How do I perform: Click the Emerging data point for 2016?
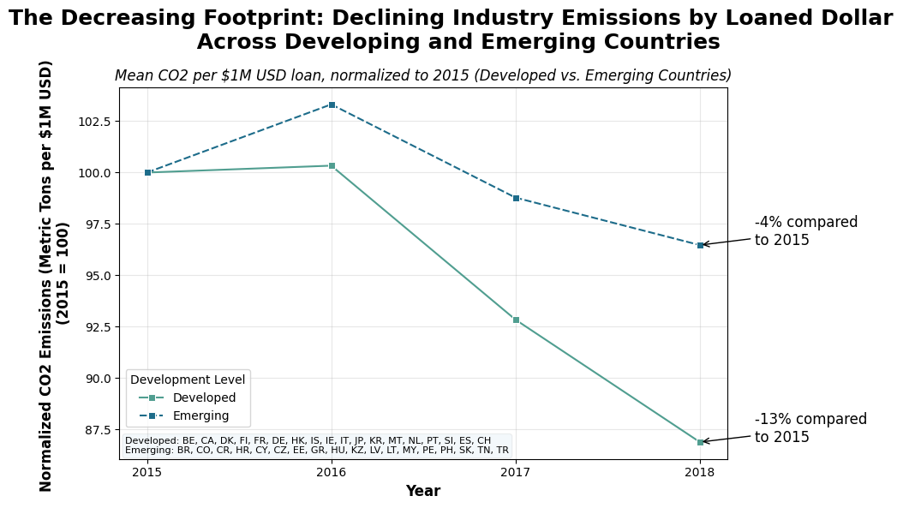pos(332,105)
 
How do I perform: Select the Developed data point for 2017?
pos(516,320)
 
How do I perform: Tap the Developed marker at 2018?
pos(700,442)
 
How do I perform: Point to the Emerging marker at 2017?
pos(516,198)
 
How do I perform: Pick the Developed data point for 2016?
pos(332,165)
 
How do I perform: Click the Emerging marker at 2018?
pos(700,245)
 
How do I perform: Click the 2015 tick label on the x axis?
pos(147,472)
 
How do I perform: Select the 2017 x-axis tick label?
pos(516,472)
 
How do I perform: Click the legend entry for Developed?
pos(204,397)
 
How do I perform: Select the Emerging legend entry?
pos(200,415)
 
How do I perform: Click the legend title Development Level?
pos(188,380)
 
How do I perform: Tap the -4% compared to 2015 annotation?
pos(805,231)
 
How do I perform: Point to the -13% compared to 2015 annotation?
pos(810,428)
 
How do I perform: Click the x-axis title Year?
pos(422,491)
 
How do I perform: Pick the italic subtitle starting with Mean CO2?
pos(422,75)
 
